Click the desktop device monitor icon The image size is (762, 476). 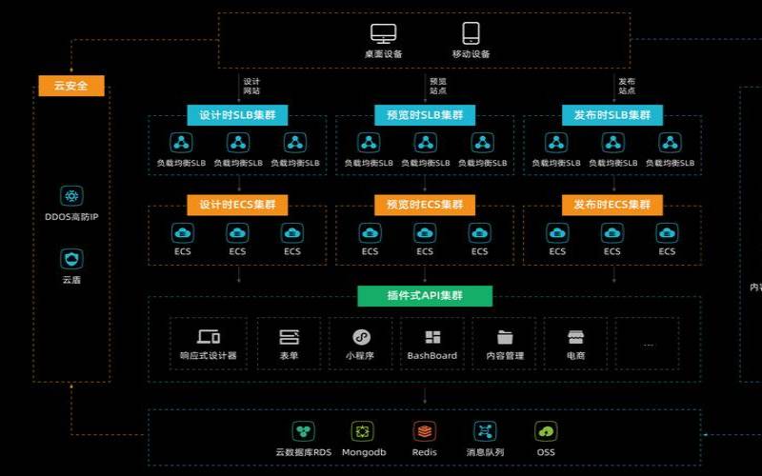click(x=383, y=34)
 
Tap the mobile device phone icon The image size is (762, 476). click(x=471, y=34)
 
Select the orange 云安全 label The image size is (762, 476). click(x=71, y=86)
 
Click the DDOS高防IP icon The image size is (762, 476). click(x=71, y=196)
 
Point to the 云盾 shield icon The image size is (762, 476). click(x=71, y=258)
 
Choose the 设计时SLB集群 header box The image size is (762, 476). click(x=237, y=115)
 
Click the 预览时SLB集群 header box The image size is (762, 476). click(x=425, y=115)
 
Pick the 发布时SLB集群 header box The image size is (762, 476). click(x=612, y=115)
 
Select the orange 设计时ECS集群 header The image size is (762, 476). click(x=237, y=205)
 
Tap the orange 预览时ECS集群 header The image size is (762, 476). click(x=425, y=205)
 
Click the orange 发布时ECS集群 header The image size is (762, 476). click(x=612, y=205)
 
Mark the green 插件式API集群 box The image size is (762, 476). click(x=425, y=295)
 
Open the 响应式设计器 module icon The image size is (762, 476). click(x=208, y=337)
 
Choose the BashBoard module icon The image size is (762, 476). click(x=432, y=337)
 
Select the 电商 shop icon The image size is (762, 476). click(x=575, y=337)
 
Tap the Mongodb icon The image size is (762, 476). click(x=363, y=431)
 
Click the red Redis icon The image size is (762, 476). click(x=425, y=431)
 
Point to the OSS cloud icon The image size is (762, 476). click(x=546, y=431)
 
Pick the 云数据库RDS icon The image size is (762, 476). click(x=303, y=431)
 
